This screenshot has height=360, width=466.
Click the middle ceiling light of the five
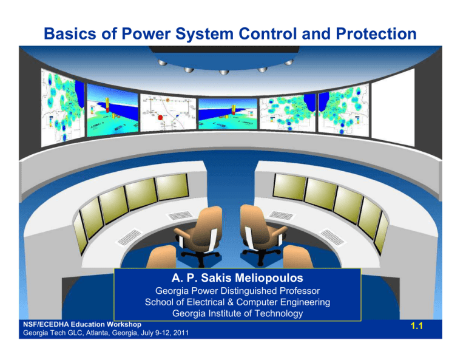[224, 73]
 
